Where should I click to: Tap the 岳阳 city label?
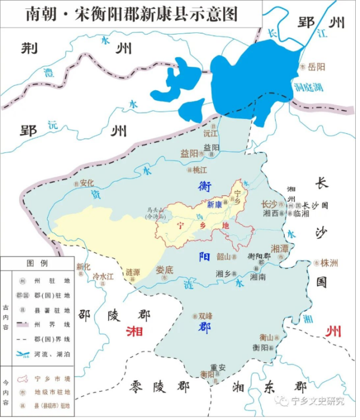point(316,66)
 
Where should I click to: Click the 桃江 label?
point(200,169)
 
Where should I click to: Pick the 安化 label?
point(88,183)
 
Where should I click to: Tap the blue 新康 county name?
point(214,205)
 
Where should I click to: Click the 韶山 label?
point(223,256)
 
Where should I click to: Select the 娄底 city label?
point(165,269)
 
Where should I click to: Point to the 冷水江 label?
point(103,277)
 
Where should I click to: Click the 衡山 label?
point(266,337)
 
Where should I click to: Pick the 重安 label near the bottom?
point(218,367)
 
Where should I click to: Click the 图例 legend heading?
point(36,263)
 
